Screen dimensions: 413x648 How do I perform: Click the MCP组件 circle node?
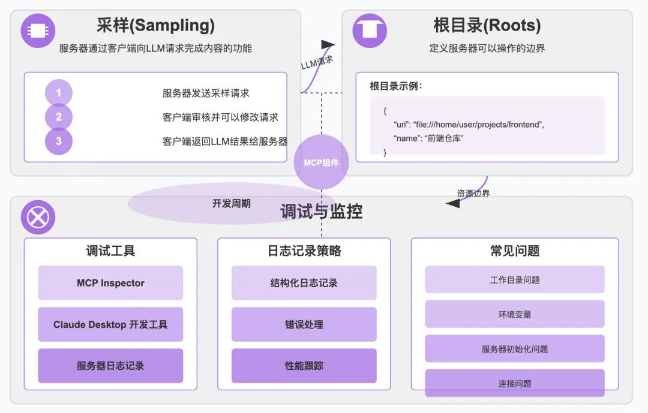click(321, 162)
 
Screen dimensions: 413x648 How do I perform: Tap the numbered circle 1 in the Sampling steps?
click(59, 93)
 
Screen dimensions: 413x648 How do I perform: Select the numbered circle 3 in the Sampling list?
click(59, 141)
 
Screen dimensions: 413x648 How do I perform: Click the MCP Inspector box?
click(110, 283)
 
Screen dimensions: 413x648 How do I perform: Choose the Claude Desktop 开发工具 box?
click(110, 324)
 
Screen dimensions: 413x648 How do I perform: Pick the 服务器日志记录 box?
click(110, 366)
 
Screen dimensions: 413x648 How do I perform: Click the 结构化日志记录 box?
click(304, 283)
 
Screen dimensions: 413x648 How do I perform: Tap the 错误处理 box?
click(304, 324)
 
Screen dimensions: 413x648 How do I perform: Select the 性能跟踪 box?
click(304, 366)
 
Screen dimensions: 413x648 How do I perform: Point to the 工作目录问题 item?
click(515, 280)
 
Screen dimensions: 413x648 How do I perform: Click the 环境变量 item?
click(515, 314)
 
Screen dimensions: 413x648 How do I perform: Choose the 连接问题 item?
click(515, 383)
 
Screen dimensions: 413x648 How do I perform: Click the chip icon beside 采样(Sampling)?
click(38, 31)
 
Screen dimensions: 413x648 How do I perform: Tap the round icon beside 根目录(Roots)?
click(370, 31)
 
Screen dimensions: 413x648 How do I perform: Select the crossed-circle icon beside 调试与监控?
click(38, 217)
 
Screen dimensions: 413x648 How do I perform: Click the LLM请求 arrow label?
click(317, 62)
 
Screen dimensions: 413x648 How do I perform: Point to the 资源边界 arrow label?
click(473, 194)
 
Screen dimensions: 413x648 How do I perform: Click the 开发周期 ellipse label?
click(231, 204)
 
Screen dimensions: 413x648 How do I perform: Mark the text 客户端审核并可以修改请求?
click(220, 117)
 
